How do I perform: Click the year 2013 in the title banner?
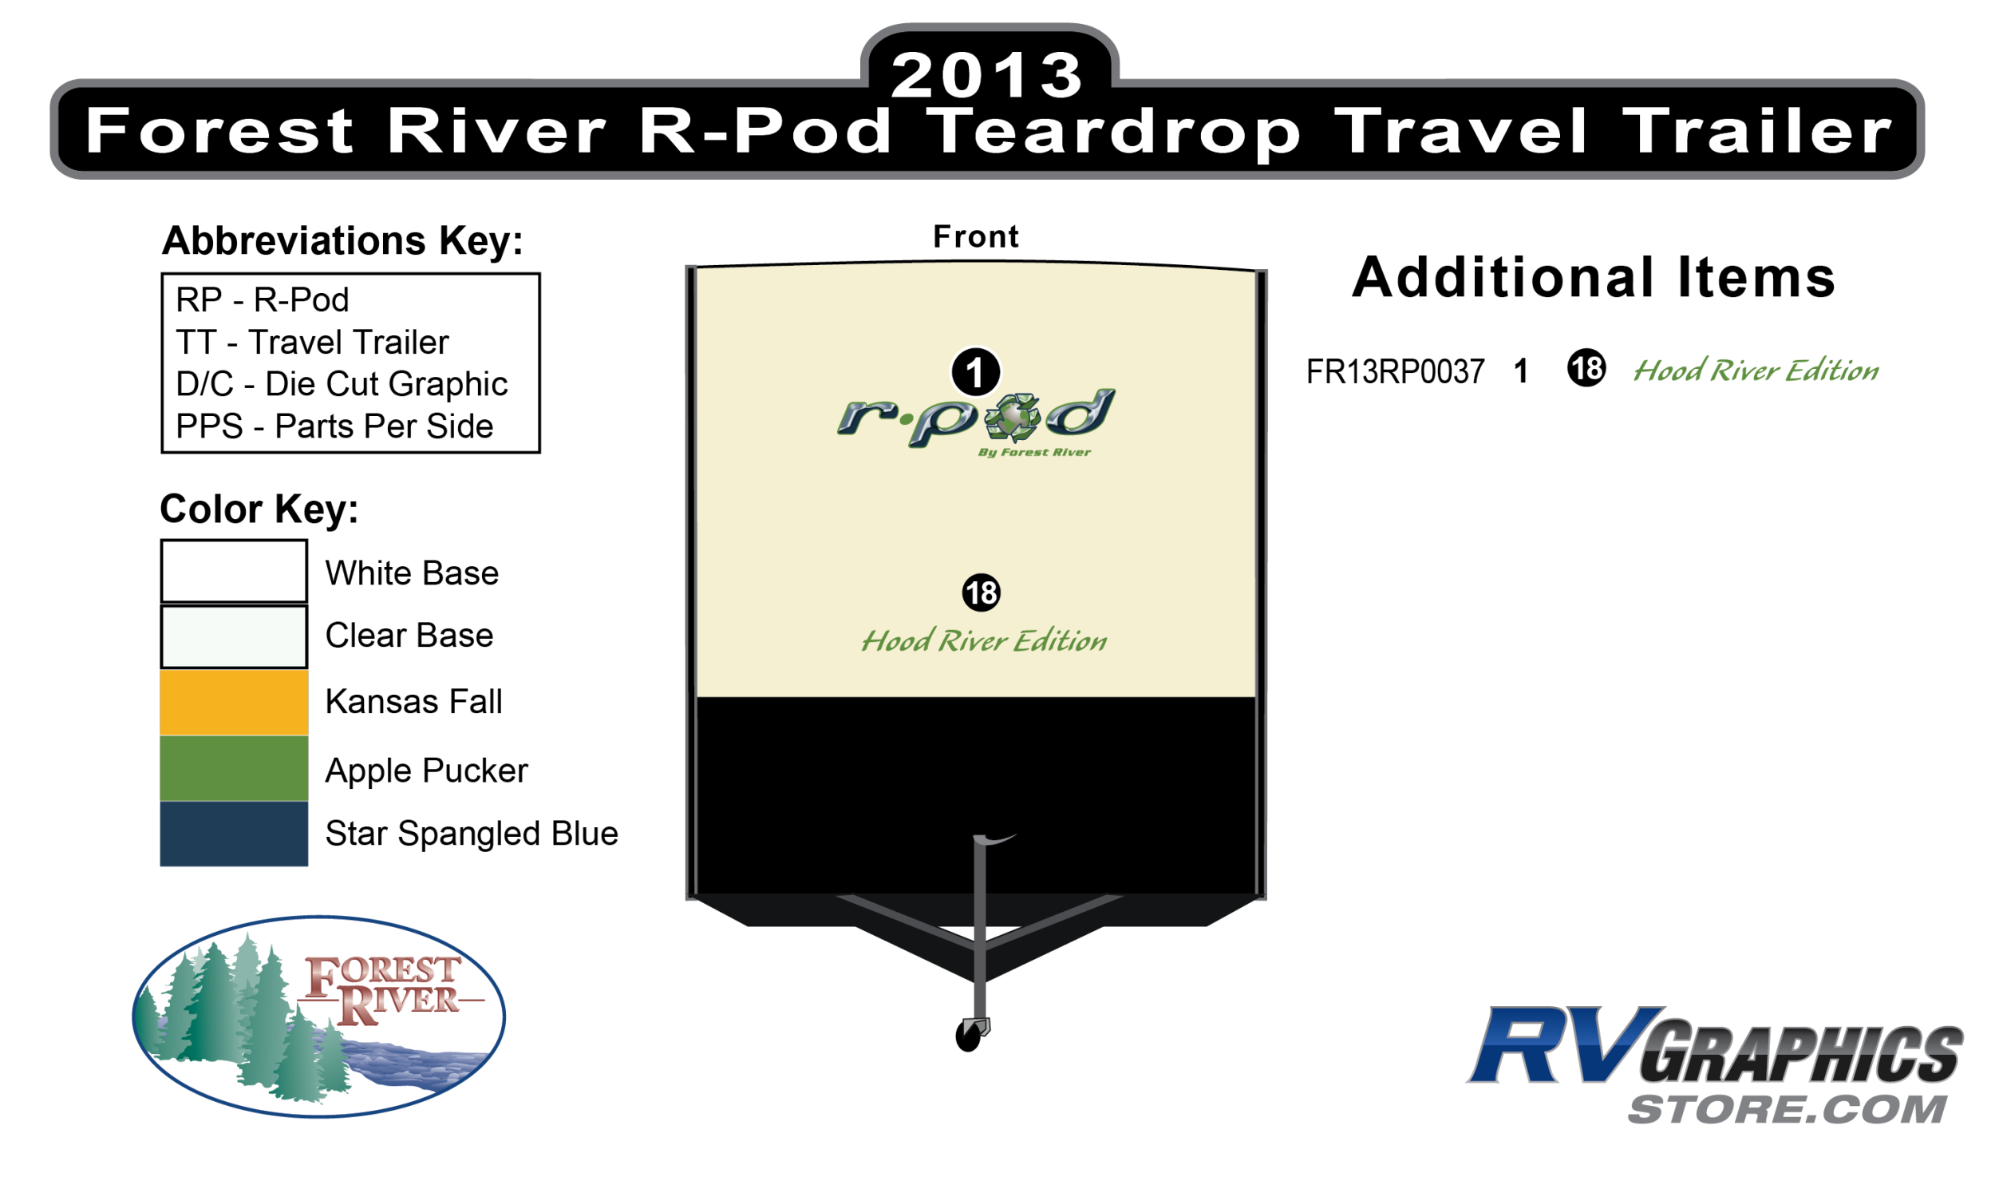987,75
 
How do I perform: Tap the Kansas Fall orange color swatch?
234,702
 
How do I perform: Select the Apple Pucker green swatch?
234,768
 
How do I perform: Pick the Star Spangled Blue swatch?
234,834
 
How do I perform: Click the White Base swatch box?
234,571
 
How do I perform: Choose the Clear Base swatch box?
234,636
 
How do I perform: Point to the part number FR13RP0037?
1395,372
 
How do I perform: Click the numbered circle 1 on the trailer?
975,372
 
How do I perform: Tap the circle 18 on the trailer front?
981,592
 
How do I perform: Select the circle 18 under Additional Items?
1586,368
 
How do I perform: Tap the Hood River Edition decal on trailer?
984,640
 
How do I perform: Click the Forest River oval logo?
318,1016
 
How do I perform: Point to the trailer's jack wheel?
968,1037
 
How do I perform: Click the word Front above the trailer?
976,236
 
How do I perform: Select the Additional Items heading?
1594,277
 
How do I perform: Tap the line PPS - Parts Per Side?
334,426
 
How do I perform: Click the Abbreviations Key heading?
342,240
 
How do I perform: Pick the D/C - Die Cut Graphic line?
342,384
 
